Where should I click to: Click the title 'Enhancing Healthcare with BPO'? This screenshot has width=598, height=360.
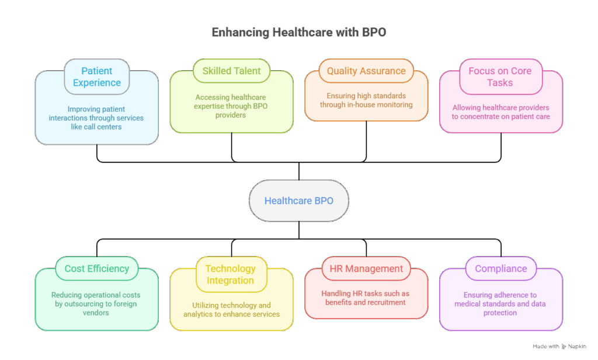coord(298,33)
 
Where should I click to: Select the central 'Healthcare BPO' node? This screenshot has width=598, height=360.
coord(298,200)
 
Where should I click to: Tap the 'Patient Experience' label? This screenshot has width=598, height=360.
coord(97,77)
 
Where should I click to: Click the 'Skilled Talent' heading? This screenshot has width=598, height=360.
coord(231,71)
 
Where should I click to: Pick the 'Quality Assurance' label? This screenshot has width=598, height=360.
coord(366,71)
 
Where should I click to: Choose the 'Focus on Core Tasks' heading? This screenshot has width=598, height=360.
coord(500,77)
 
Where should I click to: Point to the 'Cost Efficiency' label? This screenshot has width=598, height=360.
coord(97,269)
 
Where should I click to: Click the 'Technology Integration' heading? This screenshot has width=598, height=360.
coord(231,275)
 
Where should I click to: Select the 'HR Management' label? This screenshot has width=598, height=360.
coord(366,269)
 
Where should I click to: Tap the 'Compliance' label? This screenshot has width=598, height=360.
coord(500,269)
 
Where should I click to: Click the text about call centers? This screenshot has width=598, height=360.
coord(96,117)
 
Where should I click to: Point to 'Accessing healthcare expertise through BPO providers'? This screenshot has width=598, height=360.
coord(231,106)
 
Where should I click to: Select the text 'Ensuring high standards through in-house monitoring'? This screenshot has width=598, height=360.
coord(366,100)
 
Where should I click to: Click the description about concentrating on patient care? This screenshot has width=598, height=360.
coord(500,112)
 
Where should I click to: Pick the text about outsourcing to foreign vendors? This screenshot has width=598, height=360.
coord(96,304)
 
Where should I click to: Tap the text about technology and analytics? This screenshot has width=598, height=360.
coord(231,310)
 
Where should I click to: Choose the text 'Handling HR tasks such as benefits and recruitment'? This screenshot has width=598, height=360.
coord(366,298)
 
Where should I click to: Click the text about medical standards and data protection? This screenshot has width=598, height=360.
coord(500,304)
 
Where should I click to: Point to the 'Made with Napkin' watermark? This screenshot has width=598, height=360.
coord(559,347)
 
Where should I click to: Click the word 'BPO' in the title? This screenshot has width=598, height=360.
coord(373,33)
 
